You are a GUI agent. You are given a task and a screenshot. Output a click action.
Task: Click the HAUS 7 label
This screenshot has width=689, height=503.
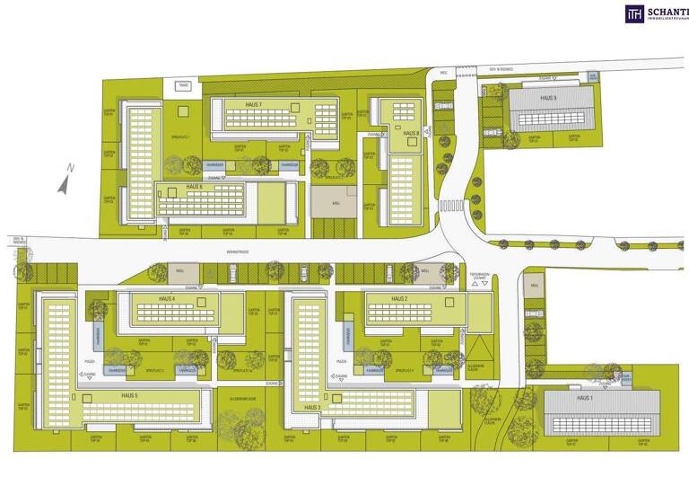[x=254, y=104]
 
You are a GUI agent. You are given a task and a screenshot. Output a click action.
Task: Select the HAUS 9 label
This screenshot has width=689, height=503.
[x=547, y=98]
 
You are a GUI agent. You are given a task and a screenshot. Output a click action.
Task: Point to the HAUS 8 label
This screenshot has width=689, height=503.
[x=411, y=133]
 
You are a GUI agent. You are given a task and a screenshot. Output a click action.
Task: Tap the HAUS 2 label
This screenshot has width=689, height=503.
[x=399, y=298]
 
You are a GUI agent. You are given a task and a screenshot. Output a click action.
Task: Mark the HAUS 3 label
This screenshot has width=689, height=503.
[x=311, y=407]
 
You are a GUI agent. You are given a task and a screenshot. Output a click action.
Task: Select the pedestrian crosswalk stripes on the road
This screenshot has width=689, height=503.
[x=450, y=207]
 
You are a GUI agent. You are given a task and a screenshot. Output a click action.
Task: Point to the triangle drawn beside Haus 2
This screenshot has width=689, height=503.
[x=478, y=345]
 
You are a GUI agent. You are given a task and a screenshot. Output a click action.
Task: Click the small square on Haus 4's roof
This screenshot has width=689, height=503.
[x=203, y=300]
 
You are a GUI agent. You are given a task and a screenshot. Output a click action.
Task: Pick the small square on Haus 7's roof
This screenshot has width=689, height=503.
[x=292, y=106]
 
